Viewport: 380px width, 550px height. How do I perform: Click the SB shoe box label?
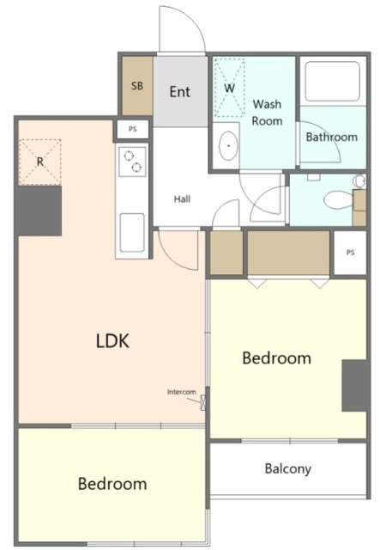click(x=137, y=86)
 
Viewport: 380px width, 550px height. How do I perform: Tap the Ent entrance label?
click(x=179, y=92)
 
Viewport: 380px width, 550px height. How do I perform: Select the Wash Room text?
click(x=267, y=113)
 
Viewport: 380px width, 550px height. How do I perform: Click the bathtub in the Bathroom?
click(x=332, y=82)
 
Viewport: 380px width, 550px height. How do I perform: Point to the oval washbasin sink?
click(x=228, y=146)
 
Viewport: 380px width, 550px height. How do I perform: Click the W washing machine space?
click(x=229, y=88)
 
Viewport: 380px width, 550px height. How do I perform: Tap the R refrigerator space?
click(x=40, y=162)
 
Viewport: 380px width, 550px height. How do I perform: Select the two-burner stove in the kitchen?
click(x=132, y=162)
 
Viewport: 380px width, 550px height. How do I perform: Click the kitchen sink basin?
click(x=132, y=233)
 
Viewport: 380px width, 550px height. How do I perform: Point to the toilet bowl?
click(x=338, y=200)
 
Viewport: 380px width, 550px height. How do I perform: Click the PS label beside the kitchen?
click(x=132, y=129)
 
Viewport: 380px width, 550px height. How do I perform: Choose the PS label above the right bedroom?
click(x=350, y=252)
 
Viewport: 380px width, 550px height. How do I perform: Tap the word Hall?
click(x=182, y=199)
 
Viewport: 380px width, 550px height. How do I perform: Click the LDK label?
click(x=112, y=340)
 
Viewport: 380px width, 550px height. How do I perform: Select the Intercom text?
click(x=181, y=392)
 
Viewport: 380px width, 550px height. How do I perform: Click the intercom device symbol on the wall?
click(x=202, y=403)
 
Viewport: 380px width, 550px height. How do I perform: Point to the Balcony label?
click(x=288, y=468)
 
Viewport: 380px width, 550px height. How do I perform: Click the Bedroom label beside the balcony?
click(x=276, y=358)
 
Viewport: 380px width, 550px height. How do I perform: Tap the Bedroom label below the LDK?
click(x=112, y=484)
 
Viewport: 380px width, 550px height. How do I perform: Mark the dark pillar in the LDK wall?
click(x=39, y=211)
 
